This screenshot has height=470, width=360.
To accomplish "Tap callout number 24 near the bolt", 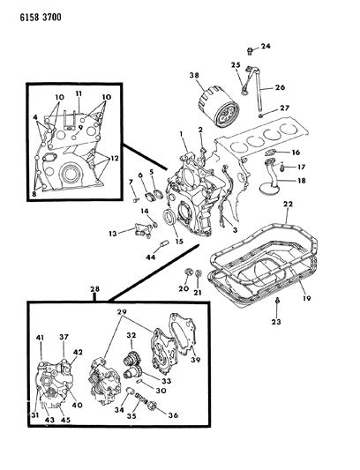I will coord(266,46).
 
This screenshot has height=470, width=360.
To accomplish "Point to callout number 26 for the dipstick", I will coord(280,86).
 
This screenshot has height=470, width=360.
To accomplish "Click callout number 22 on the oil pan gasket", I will coord(287,205).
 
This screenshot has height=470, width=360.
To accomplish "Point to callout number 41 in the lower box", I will coord(39,339).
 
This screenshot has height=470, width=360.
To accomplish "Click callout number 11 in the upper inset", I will coord(78,93).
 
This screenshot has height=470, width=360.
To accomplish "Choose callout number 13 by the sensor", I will coord(112,235).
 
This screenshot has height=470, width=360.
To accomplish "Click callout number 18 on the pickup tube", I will coord(300,181).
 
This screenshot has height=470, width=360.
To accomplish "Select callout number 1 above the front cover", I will coord(181,132).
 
